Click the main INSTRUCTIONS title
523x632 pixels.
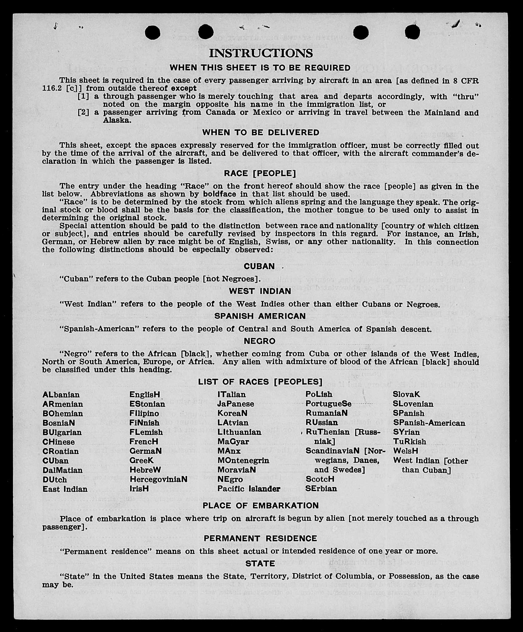(261, 53)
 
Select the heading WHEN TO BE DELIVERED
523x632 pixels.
(261, 133)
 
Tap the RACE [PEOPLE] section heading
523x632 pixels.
(260, 173)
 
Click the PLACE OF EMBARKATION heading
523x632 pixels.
(261, 506)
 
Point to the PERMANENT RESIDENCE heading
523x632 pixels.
(260, 538)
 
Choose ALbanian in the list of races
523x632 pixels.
(61, 395)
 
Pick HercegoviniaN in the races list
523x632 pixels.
(158, 479)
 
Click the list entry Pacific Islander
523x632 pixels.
(249, 489)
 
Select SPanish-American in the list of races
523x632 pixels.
(429, 423)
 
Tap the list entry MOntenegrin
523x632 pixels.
(243, 460)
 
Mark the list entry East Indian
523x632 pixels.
(65, 489)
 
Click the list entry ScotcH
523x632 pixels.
(320, 479)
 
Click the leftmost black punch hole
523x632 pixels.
(152, 32)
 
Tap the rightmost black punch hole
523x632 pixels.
(412, 32)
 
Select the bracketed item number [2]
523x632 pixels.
(83, 112)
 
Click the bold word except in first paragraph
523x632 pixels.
(184, 89)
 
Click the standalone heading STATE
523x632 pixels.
(260, 564)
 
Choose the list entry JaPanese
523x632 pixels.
(236, 404)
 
